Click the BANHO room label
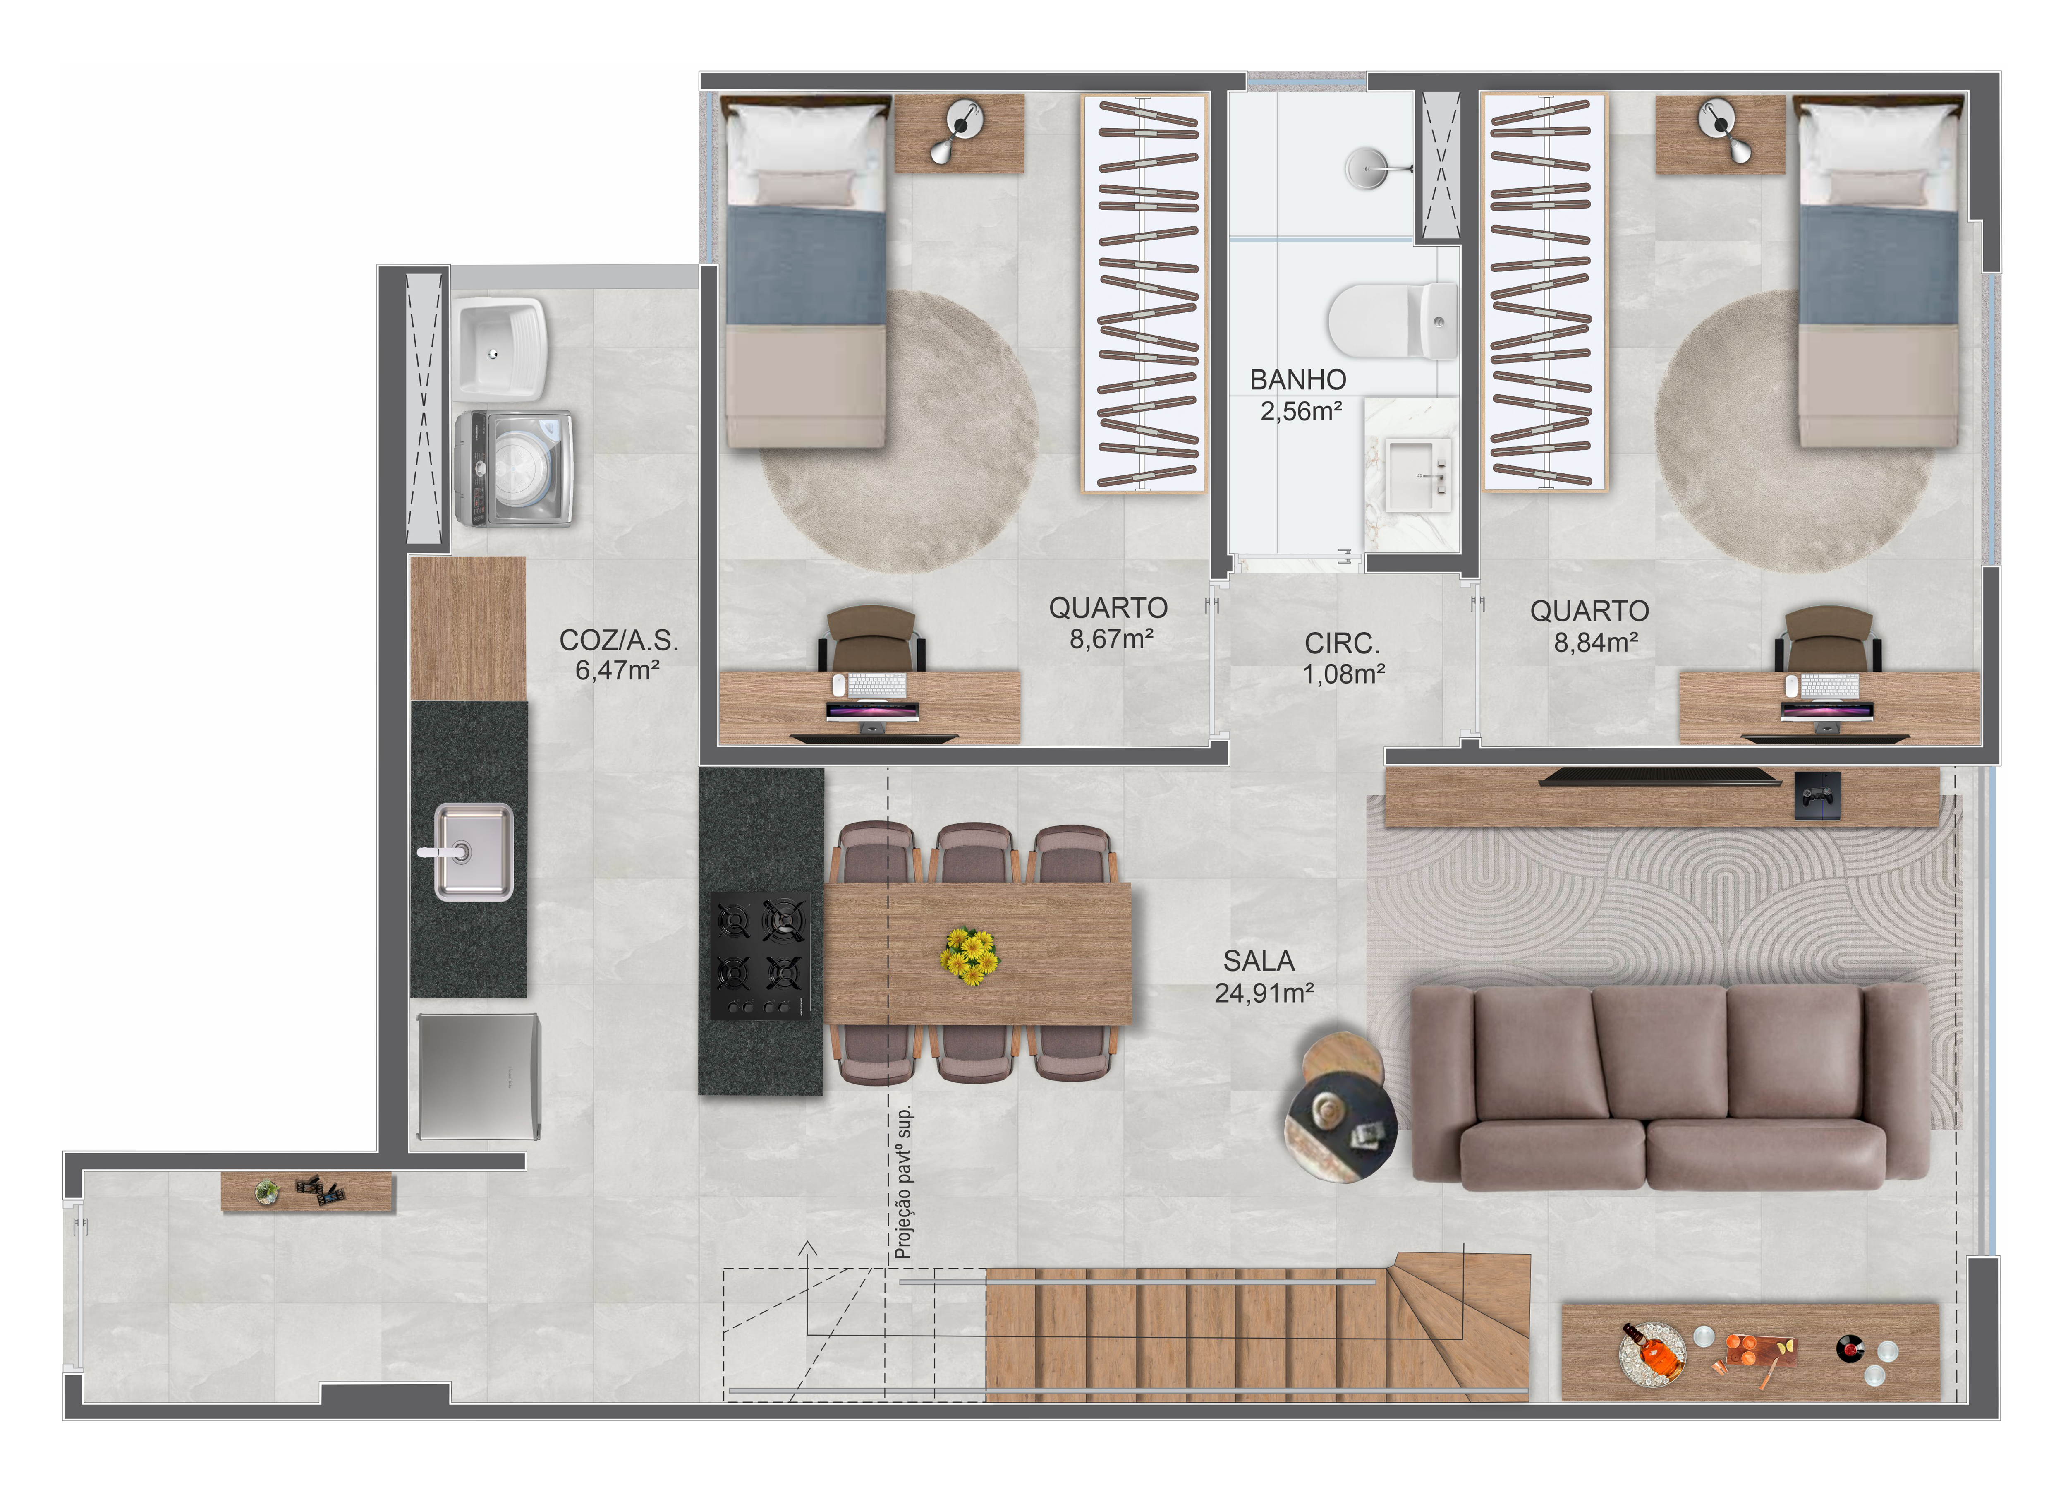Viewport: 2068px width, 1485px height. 1297,379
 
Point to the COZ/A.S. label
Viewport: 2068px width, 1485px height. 618,641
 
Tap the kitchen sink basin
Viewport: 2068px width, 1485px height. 473,851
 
